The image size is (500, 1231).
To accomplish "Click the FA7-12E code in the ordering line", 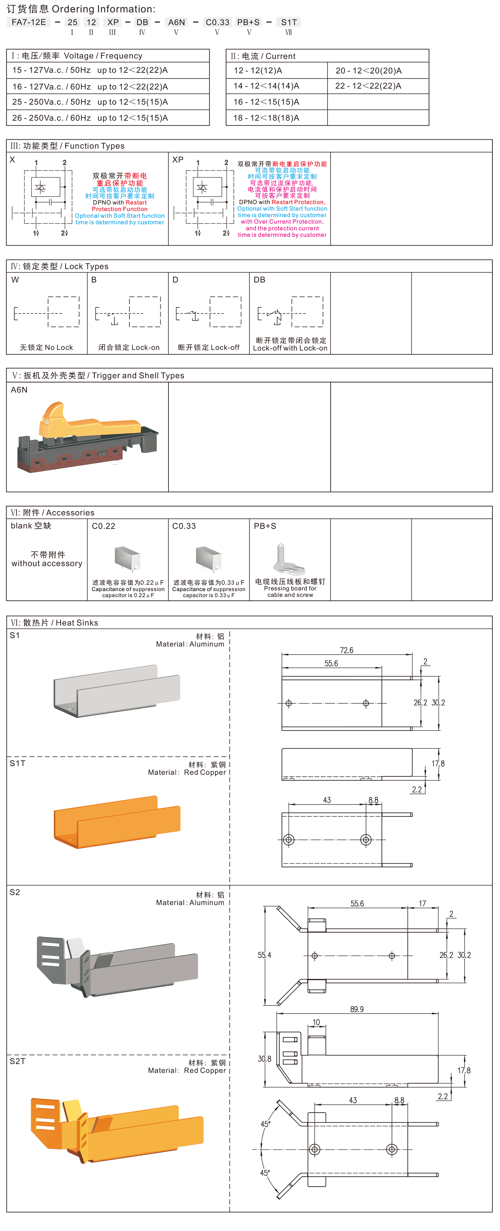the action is [x=29, y=22].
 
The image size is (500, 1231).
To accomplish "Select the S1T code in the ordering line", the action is [x=289, y=22].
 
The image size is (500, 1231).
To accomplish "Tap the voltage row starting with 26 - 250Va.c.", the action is [x=90, y=117].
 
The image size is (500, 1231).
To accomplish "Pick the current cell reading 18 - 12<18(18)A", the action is [x=266, y=117].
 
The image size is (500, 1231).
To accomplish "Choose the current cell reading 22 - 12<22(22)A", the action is [x=368, y=86].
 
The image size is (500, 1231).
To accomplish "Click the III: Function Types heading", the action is [x=67, y=146].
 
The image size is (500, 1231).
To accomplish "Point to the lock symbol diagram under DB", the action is [x=290, y=311].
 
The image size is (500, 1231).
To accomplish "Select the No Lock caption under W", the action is [x=46, y=347].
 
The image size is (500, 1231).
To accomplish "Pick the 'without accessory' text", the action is [x=47, y=563].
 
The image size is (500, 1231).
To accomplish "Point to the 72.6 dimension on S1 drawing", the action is [x=347, y=650].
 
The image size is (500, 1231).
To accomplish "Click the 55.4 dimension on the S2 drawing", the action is [x=264, y=955].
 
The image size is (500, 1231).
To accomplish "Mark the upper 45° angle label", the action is [x=265, y=1124].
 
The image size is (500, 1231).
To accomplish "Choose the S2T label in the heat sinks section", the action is [x=18, y=1061].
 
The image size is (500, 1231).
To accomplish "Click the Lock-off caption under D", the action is [x=208, y=347].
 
